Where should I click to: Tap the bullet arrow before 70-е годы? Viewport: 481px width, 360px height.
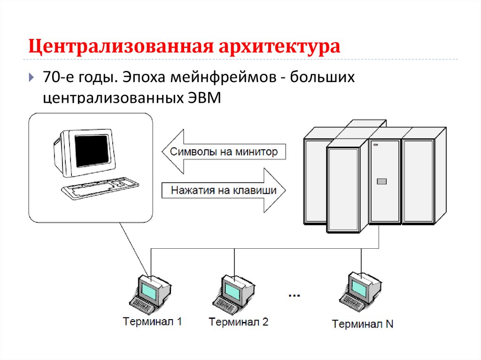(31, 77)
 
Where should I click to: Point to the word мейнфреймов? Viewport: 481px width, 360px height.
(227, 77)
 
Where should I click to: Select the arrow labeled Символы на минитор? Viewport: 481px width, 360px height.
(221, 152)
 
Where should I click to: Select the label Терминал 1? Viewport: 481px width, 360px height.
(152, 322)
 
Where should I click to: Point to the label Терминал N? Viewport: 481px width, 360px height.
(363, 324)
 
